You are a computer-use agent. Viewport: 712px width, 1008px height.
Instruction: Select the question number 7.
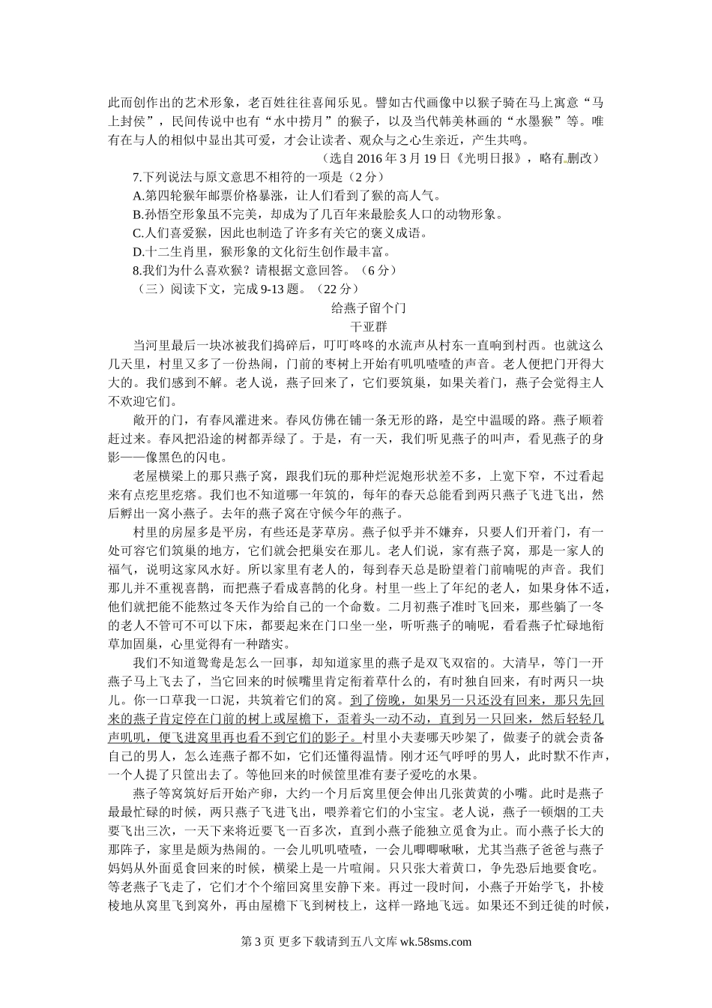[x=136, y=177]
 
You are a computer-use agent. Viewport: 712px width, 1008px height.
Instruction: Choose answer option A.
[x=137, y=196]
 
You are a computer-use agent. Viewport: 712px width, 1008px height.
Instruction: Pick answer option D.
[x=137, y=251]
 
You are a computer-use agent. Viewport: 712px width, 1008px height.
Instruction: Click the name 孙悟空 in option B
[x=164, y=214]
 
